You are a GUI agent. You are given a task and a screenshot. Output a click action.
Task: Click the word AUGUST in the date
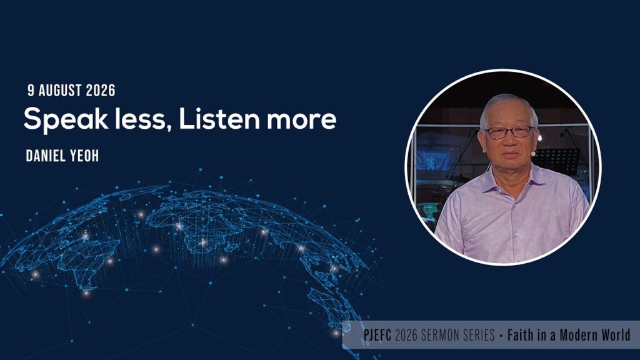click(x=60, y=91)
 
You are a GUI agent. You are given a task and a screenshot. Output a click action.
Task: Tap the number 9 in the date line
click(x=31, y=91)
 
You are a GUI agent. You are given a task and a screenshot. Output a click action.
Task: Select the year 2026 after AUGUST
click(x=101, y=91)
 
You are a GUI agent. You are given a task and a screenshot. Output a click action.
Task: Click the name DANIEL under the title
click(x=45, y=156)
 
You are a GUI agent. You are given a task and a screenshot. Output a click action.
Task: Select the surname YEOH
click(x=84, y=156)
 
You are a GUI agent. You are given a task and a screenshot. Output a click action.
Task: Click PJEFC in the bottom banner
click(x=377, y=335)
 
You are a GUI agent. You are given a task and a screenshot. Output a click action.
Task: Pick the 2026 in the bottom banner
click(x=406, y=335)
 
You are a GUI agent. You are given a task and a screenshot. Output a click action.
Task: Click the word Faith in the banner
click(x=521, y=335)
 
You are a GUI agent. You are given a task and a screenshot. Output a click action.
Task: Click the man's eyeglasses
click(x=509, y=132)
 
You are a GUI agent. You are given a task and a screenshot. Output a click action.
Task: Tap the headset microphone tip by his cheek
click(x=533, y=154)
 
